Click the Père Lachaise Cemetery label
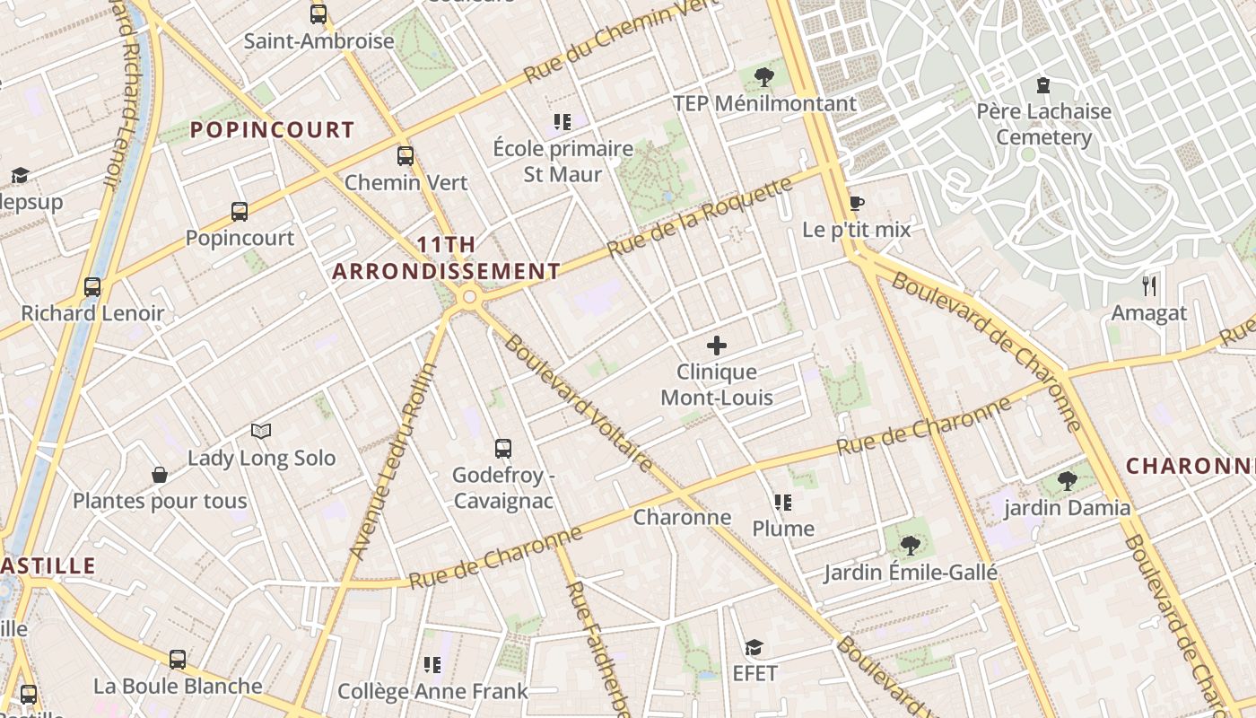(x=1043, y=125)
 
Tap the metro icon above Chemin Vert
(x=406, y=156)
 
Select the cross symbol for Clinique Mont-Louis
(x=716, y=345)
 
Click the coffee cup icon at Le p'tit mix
(x=856, y=203)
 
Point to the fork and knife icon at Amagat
(x=1148, y=286)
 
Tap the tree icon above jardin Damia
(x=1067, y=481)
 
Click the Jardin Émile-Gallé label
(x=911, y=572)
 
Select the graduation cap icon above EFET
(x=754, y=647)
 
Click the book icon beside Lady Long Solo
(x=261, y=431)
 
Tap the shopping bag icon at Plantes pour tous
(x=160, y=474)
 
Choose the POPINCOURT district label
(x=273, y=130)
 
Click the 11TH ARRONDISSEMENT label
(x=447, y=258)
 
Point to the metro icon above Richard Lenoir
(x=92, y=286)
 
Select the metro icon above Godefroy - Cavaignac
(x=503, y=448)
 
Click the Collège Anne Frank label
(x=432, y=691)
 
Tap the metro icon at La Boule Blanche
(x=178, y=660)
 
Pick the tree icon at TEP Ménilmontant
(x=764, y=76)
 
